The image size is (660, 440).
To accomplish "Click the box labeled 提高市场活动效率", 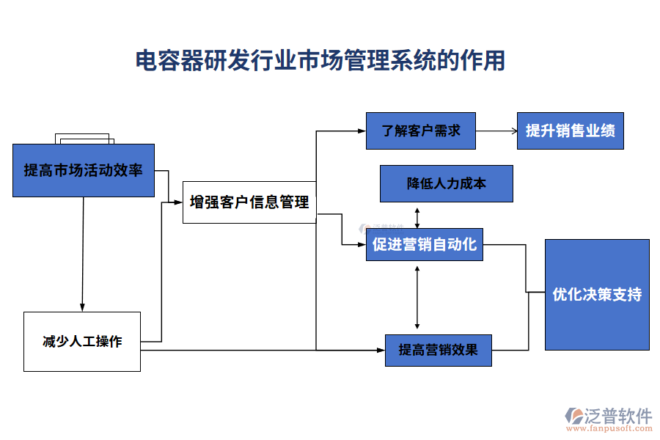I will pyautogui.click(x=83, y=170).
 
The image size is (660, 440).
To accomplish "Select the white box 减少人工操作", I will pyautogui.click(x=81, y=341).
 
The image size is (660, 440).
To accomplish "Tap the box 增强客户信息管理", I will pyautogui.click(x=249, y=202).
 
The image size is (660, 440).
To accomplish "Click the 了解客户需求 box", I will pyautogui.click(x=421, y=131).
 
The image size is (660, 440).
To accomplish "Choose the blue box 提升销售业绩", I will pyautogui.click(x=570, y=131).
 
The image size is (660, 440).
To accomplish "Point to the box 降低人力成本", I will pyautogui.click(x=446, y=183).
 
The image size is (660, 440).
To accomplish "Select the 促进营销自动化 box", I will pyautogui.click(x=424, y=244).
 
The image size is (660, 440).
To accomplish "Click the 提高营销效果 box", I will pyautogui.click(x=438, y=350).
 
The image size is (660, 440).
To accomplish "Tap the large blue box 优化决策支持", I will pyautogui.click(x=597, y=294).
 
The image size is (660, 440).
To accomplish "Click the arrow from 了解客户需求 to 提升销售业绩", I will pyautogui.click(x=496, y=131).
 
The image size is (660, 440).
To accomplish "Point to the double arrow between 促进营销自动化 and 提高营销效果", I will pyautogui.click(x=417, y=297).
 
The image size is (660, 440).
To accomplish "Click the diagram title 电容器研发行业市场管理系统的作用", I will pyautogui.click(x=320, y=60).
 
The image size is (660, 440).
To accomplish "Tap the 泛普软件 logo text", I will pyautogui.click(x=618, y=416).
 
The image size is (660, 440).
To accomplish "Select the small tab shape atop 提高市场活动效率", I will pyautogui.click(x=84, y=139).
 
